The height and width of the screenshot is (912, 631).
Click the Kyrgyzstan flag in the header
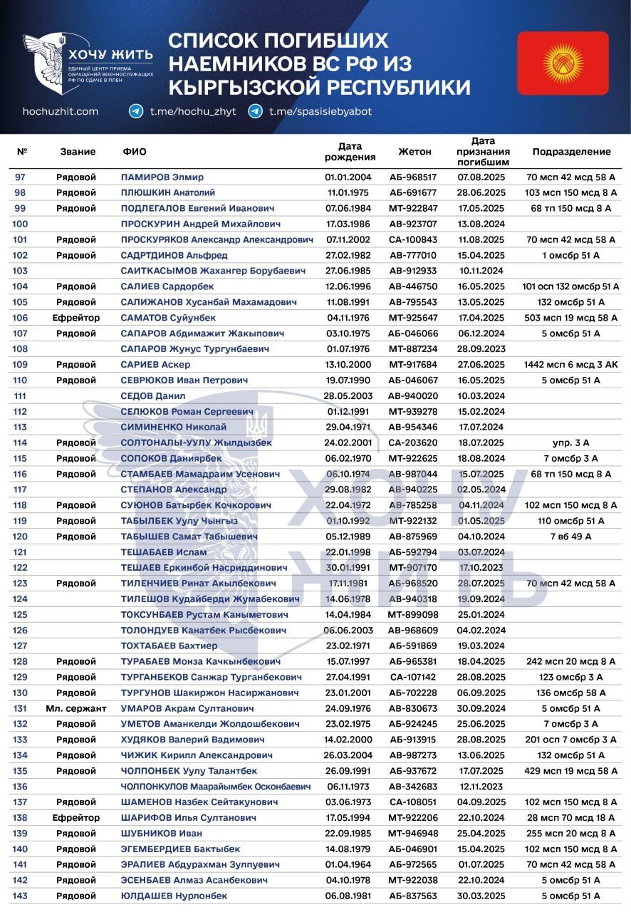[x=563, y=63]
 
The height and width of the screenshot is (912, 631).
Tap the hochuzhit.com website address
[x=61, y=111]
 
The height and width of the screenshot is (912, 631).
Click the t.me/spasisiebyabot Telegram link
[x=320, y=111]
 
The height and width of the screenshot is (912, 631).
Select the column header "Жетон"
[x=414, y=152]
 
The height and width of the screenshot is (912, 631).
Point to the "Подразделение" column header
[x=571, y=152]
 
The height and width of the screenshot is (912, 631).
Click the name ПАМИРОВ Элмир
[x=162, y=177]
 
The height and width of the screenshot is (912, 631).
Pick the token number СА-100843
[x=414, y=239]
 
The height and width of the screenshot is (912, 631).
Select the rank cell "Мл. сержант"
[x=75, y=708]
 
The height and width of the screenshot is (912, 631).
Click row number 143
[x=20, y=896]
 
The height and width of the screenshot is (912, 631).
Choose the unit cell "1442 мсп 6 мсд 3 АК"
[x=571, y=364]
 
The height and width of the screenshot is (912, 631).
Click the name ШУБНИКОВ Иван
[x=162, y=833]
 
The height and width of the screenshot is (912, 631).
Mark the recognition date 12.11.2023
[x=481, y=787]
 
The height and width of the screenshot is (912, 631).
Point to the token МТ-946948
[x=414, y=833]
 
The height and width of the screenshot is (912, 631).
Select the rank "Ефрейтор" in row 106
[x=75, y=318]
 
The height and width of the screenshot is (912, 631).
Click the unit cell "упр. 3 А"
[x=571, y=442]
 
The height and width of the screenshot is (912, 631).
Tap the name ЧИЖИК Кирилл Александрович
[x=197, y=755]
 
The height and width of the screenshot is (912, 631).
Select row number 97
[x=20, y=177]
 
